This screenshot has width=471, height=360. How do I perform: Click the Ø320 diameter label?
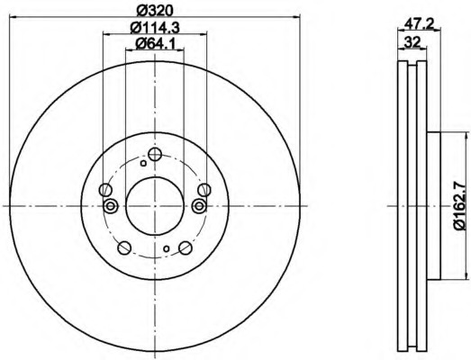155,11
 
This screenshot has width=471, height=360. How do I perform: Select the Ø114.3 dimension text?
155,28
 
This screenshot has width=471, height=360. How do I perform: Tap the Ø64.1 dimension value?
155,44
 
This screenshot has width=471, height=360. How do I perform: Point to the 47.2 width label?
419,23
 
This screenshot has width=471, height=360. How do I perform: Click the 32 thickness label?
412,42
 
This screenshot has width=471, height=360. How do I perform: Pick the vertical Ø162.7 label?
462,206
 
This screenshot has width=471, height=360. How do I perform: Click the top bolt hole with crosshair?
155,154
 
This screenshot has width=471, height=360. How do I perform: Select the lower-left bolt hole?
124,247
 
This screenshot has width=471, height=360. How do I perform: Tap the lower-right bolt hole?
186,247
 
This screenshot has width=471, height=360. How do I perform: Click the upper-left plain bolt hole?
105,190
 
